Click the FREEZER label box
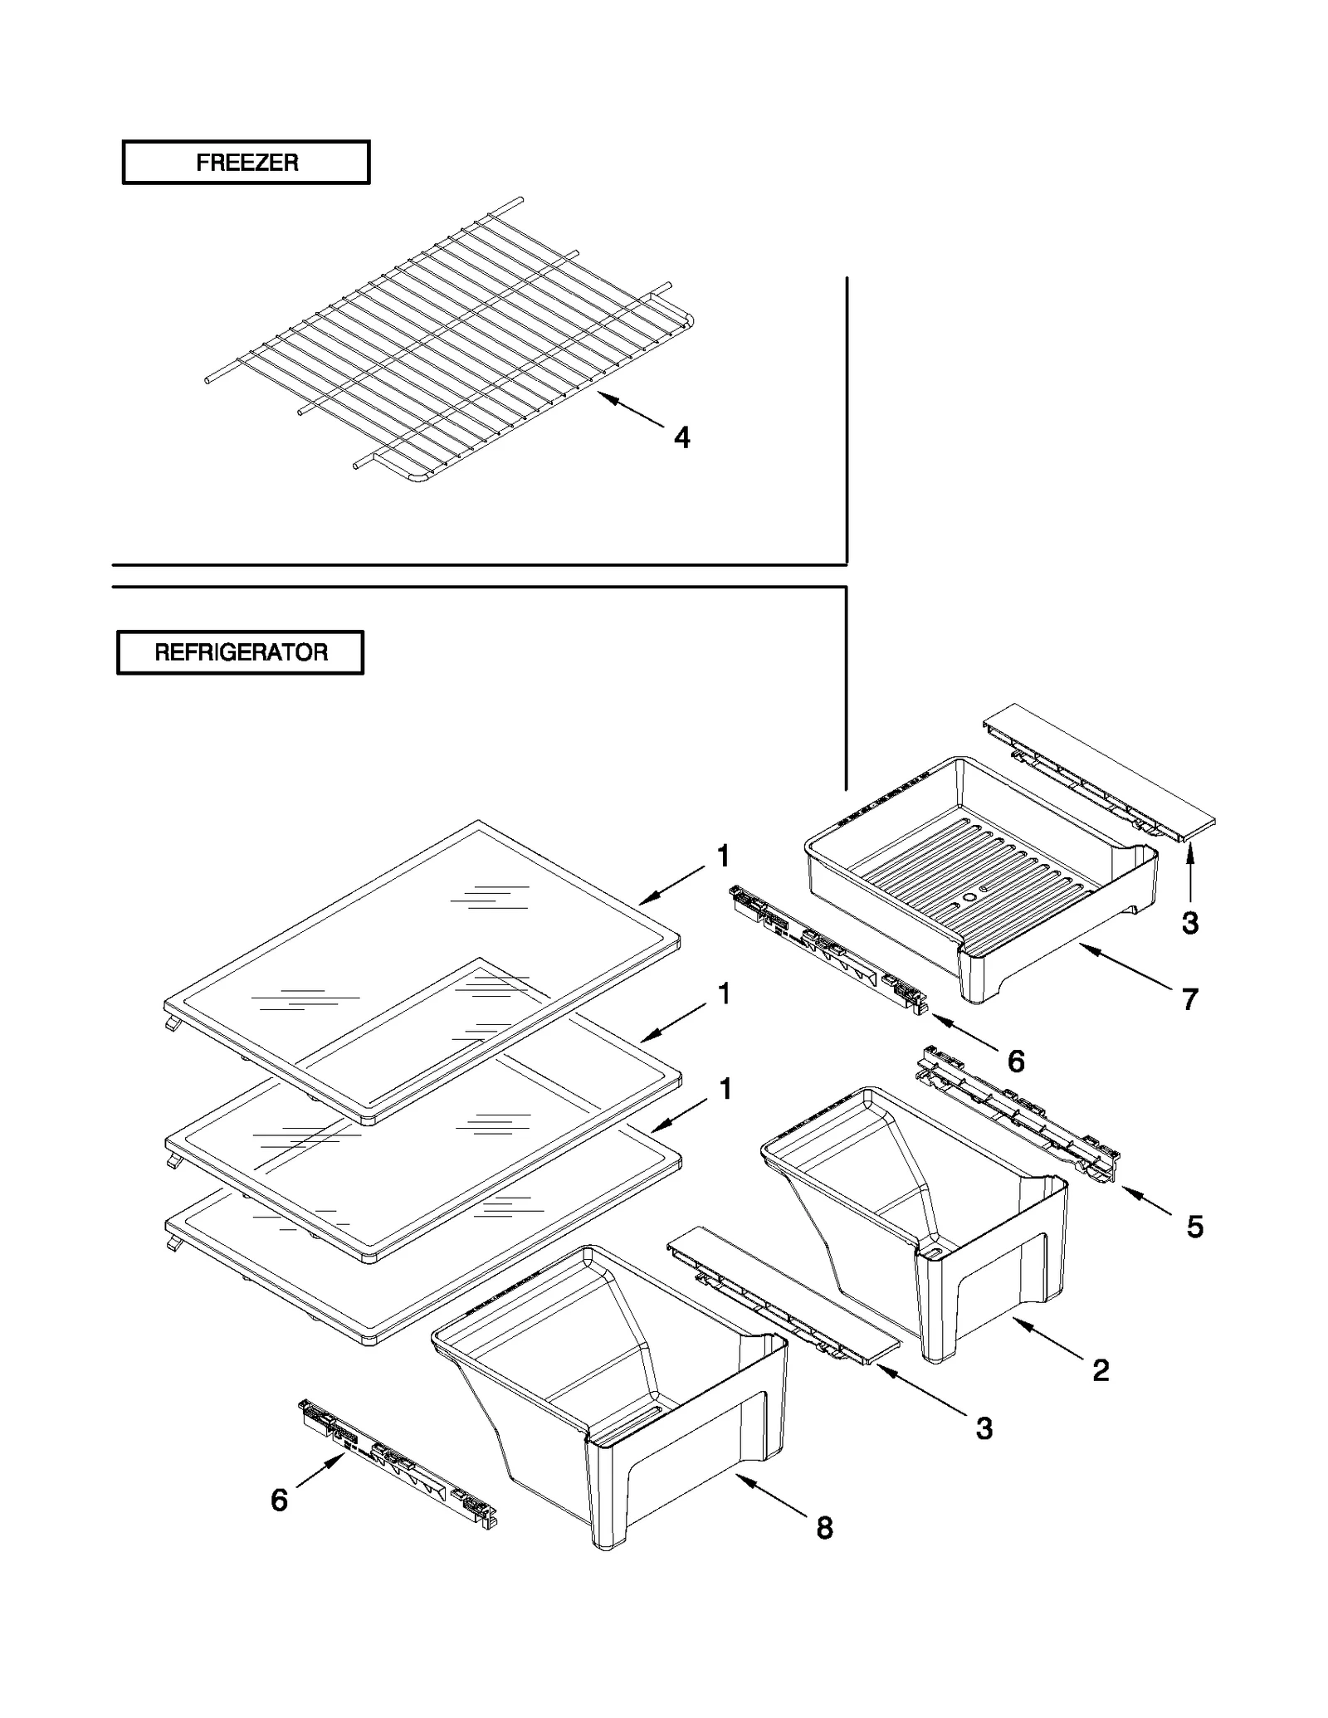click(x=246, y=162)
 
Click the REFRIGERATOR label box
click(x=240, y=652)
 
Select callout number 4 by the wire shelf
click(x=681, y=437)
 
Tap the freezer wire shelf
click(x=448, y=340)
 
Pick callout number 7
click(x=1189, y=1000)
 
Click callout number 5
click(x=1194, y=1227)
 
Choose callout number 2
click(x=1101, y=1370)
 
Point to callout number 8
click(x=824, y=1528)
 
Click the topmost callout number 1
click(x=724, y=856)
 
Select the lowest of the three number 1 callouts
click(x=725, y=1089)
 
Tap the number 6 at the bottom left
click(x=280, y=1500)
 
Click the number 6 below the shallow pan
click(x=1016, y=1061)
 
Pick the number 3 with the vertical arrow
click(x=1189, y=923)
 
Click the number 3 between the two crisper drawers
click(x=984, y=1428)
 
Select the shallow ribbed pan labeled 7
click(x=979, y=880)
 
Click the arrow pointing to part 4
click(x=631, y=410)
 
